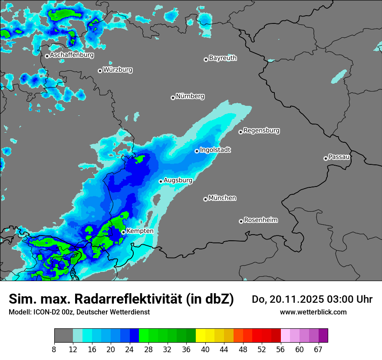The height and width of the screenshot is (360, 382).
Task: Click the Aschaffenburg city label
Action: tap(72, 55)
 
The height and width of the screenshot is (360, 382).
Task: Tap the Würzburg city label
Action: tap(118, 69)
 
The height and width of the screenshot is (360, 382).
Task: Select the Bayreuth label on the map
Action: tap(223, 58)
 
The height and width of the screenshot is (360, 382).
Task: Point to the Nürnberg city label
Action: tap(190, 96)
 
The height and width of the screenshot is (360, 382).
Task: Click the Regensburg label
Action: tap(261, 131)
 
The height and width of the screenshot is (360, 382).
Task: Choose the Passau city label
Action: tap(339, 157)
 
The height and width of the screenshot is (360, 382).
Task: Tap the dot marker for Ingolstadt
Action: tap(197, 151)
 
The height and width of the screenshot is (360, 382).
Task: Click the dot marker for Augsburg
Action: tap(161, 181)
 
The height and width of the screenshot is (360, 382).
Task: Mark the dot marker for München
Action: tap(205, 199)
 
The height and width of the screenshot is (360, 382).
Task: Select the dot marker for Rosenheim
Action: tap(241, 221)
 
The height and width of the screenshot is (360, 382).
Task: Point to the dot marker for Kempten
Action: tap(123, 232)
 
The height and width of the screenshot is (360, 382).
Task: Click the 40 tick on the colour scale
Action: tap(205, 349)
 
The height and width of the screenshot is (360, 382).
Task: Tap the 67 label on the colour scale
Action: tap(318, 349)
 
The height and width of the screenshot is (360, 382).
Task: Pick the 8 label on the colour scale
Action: tap(54, 349)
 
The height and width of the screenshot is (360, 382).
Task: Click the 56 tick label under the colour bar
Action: tap(280, 349)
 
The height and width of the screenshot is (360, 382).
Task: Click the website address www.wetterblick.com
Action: tap(313, 312)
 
